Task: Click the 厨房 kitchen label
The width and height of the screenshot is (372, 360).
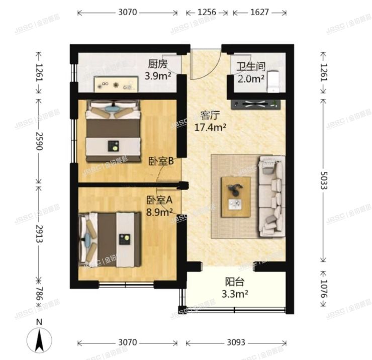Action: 157,64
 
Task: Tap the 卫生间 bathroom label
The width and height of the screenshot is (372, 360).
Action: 251,66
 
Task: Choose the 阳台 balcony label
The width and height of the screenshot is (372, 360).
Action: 234,283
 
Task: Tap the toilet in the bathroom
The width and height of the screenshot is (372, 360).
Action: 273,81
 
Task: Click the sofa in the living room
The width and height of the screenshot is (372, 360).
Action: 271,196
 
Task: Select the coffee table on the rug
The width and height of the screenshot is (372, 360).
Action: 236,197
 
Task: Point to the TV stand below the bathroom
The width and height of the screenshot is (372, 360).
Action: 255,105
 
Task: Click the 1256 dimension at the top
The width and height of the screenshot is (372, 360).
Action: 206,13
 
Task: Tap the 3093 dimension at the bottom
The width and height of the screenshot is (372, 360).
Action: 235,343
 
